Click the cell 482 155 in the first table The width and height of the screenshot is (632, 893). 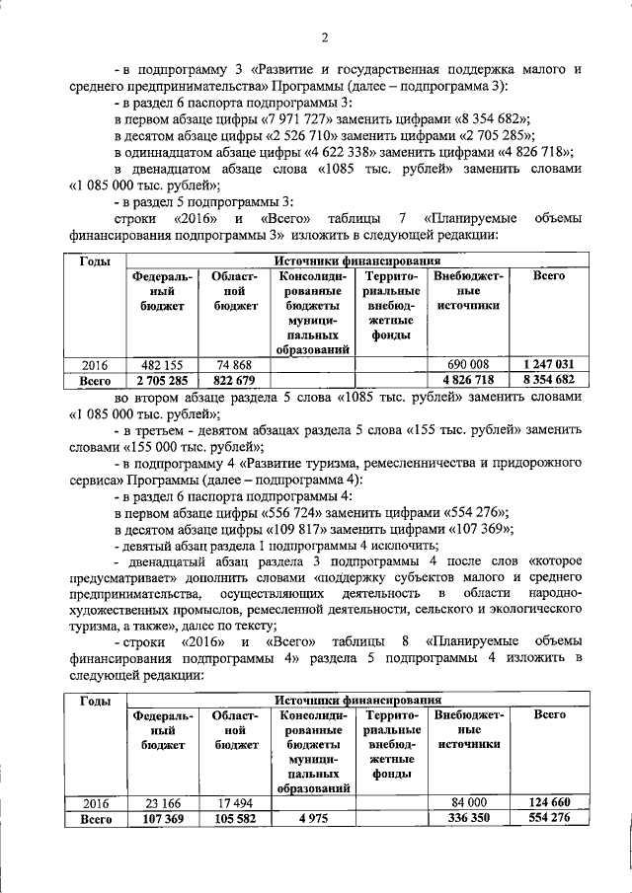coord(164,364)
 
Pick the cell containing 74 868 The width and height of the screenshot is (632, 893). coord(235,364)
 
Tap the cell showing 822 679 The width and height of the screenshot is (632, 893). coord(235,379)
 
